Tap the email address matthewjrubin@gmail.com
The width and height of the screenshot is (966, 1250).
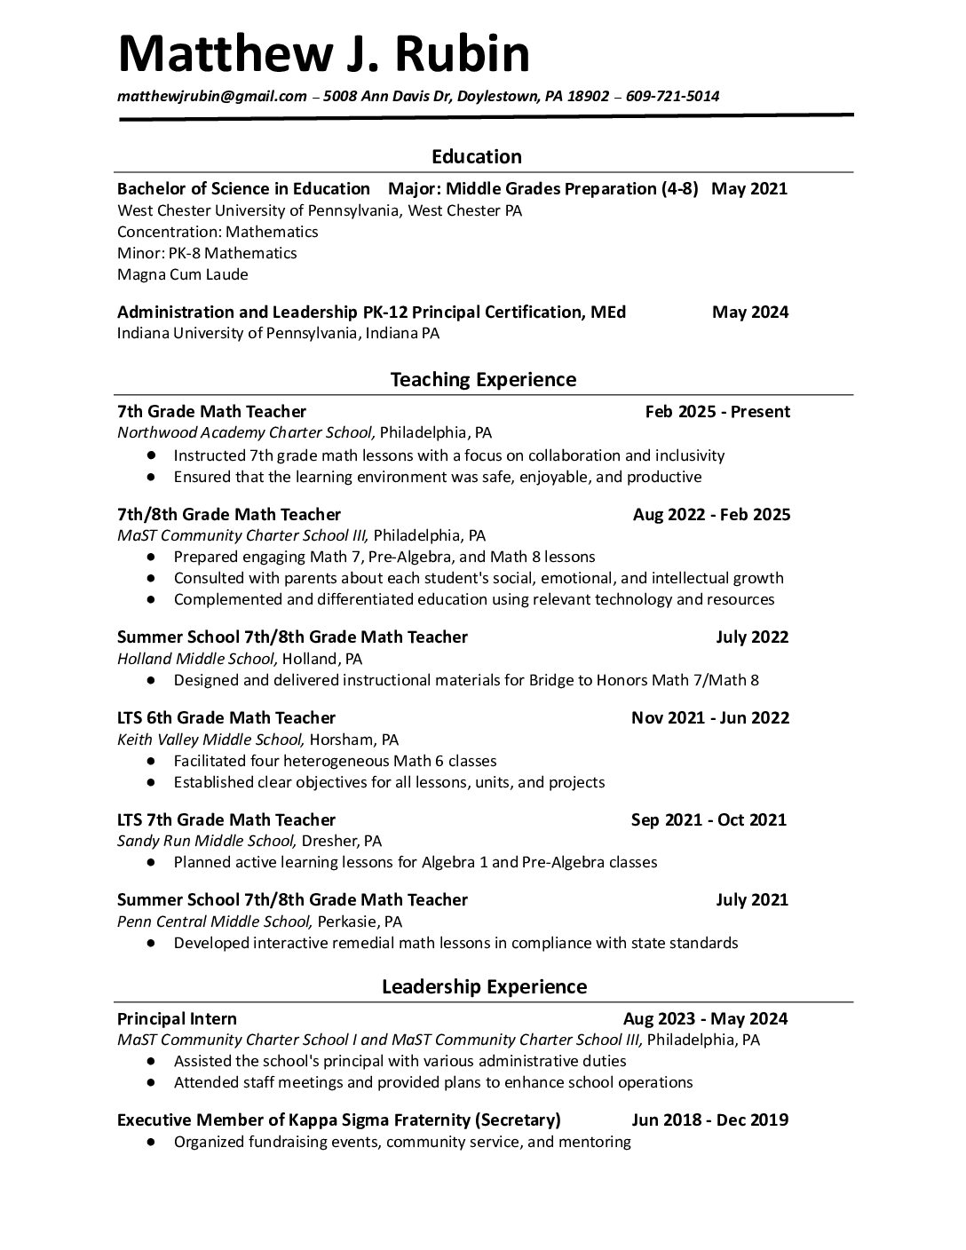pyautogui.click(x=211, y=97)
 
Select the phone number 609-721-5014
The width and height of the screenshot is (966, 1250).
pyautogui.click(x=672, y=97)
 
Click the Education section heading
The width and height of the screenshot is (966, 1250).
pyautogui.click(x=477, y=157)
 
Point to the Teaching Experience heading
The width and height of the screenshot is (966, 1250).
pyautogui.click(x=483, y=380)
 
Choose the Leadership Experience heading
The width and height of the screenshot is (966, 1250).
pyautogui.click(x=484, y=987)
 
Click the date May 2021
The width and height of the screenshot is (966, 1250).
pyautogui.click(x=749, y=188)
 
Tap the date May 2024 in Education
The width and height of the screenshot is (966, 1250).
pyautogui.click(x=749, y=312)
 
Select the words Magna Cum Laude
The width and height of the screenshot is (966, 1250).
pyautogui.click(x=183, y=274)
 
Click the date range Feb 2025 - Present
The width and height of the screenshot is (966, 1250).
pyautogui.click(x=717, y=411)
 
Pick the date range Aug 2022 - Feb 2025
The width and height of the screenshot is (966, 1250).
pyautogui.click(x=711, y=514)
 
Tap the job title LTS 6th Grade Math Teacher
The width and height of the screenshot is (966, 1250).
pyautogui.click(x=226, y=717)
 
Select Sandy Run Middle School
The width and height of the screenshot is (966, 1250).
pyautogui.click(x=206, y=841)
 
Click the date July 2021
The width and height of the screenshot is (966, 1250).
pyautogui.click(x=751, y=899)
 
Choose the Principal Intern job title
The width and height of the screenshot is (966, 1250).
pyautogui.click(x=177, y=1018)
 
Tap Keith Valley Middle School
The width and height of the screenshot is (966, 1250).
pyautogui.click(x=211, y=740)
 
